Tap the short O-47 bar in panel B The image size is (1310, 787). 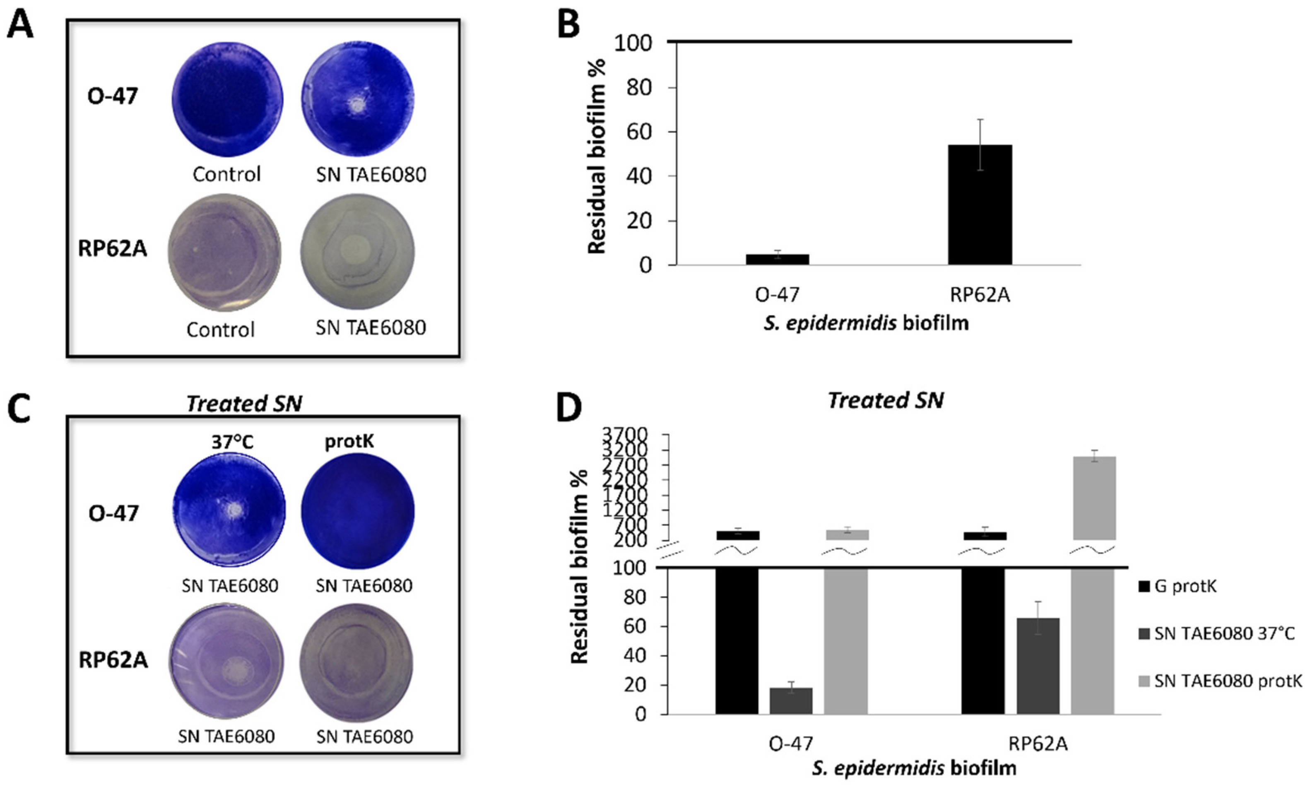pos(777,259)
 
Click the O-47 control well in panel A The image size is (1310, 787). pos(227,99)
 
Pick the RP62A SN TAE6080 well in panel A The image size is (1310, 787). pos(357,251)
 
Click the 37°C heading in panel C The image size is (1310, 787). pos(232,441)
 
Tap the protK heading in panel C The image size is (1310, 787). pos(349,441)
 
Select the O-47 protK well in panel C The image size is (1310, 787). pos(357,511)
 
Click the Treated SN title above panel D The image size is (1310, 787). pos(885,400)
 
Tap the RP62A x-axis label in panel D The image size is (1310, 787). pos(1038,744)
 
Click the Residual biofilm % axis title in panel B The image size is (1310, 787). pos(596,156)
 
